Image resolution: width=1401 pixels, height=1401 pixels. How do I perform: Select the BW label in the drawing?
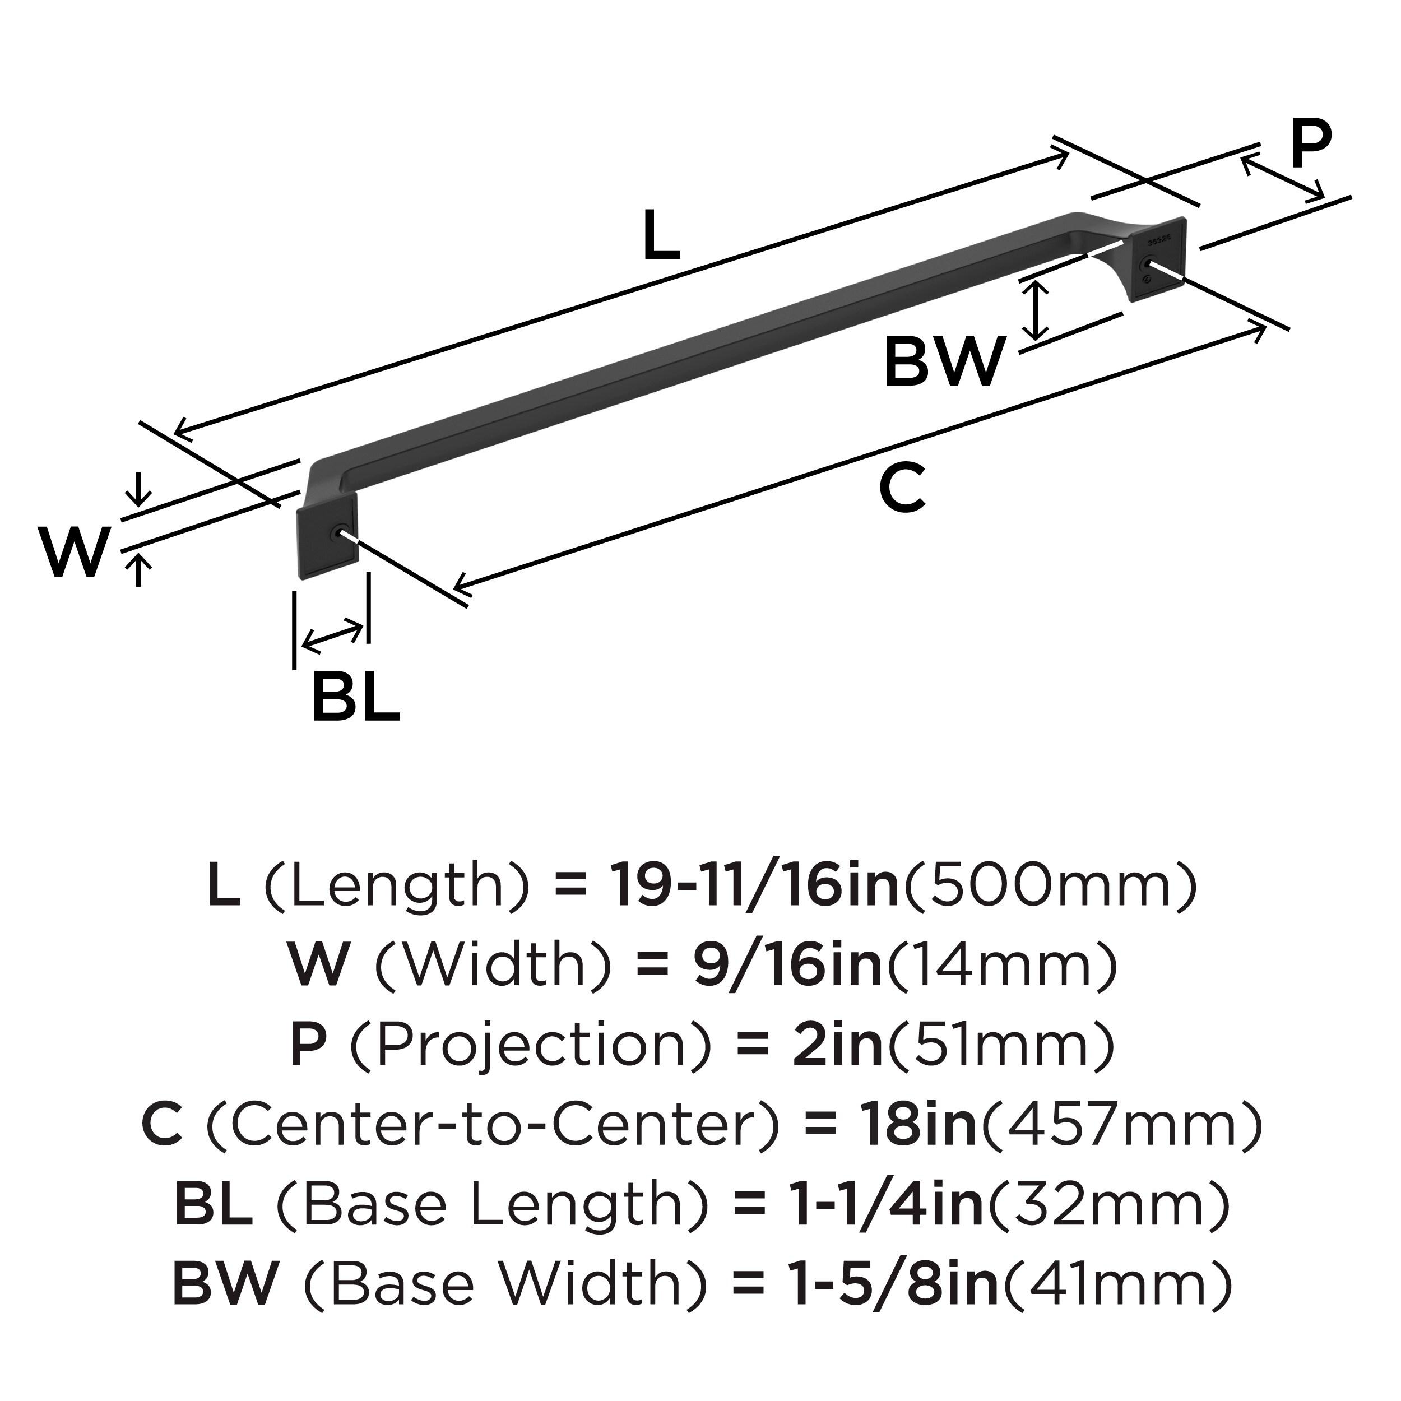pyautogui.click(x=944, y=362)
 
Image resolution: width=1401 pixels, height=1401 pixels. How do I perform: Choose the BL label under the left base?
pyautogui.click(x=355, y=698)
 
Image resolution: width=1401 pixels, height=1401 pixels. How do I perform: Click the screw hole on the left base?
pyautogui.click(x=335, y=534)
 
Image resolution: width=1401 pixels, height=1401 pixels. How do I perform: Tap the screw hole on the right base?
pyautogui.click(x=1148, y=264)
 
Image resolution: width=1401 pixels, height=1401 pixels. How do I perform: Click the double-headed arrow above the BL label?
pyautogui.click(x=332, y=635)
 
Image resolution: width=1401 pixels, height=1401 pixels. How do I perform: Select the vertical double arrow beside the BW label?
pyautogui.click(x=1038, y=310)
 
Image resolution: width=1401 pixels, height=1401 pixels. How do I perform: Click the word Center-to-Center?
pyautogui.click(x=493, y=1125)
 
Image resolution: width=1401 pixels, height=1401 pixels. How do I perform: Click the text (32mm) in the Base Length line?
pyautogui.click(x=1109, y=1204)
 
